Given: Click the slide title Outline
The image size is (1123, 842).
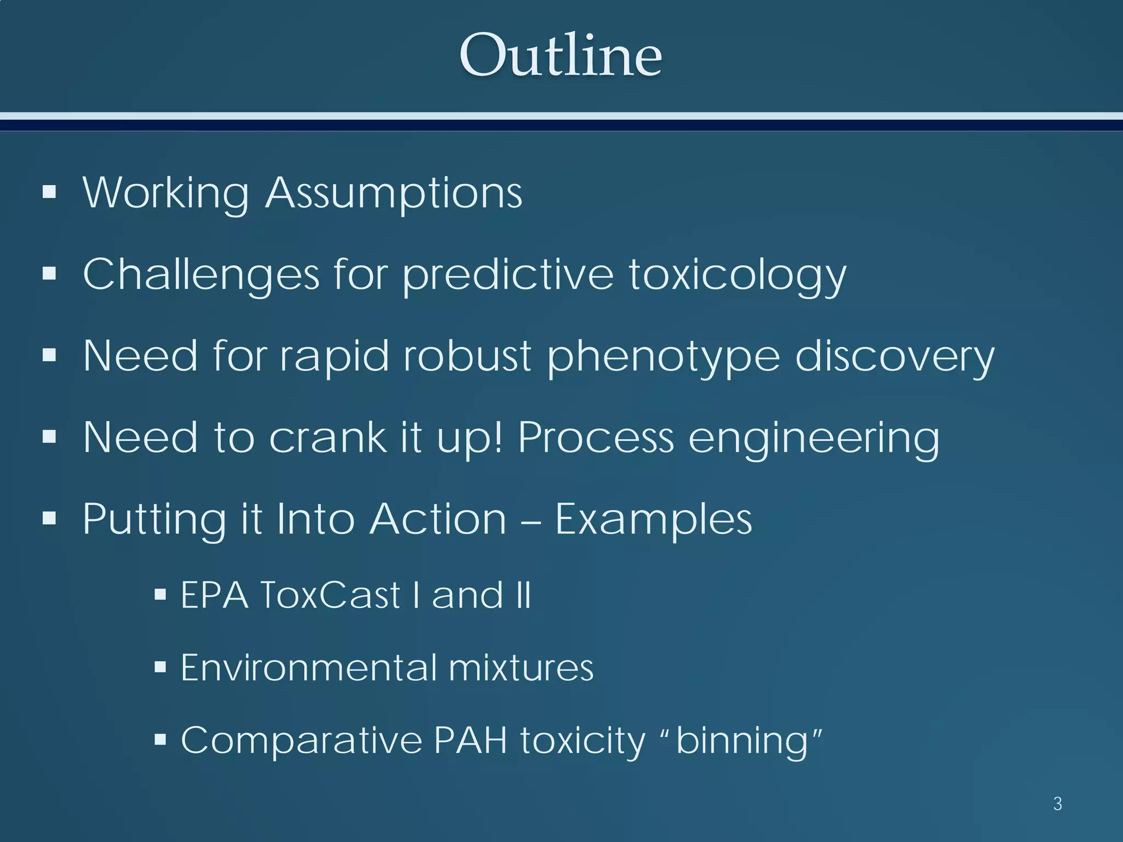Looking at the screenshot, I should point(560,55).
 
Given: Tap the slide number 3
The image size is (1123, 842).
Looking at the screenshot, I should point(1058,804).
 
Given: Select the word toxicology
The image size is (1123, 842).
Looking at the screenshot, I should point(737,275).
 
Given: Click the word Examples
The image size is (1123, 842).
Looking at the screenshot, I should point(653,519).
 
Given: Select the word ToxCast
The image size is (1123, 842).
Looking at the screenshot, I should point(330,594).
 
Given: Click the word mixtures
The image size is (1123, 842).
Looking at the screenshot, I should point(521,667).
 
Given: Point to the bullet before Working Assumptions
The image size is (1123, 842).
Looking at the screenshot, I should point(49,191).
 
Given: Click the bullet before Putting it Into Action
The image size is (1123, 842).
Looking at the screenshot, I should point(49,517).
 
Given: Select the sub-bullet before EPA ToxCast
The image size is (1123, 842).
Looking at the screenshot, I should point(160,594).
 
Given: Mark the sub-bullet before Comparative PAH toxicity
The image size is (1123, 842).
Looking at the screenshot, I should point(160,740).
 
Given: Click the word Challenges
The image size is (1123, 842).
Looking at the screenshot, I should point(201,274).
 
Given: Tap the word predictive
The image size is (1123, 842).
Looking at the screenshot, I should point(508,275).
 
